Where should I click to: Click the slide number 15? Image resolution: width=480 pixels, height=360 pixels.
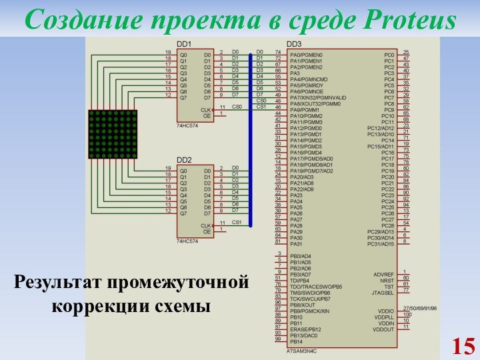click(463, 346)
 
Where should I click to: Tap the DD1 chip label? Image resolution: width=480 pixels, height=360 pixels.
click(184, 44)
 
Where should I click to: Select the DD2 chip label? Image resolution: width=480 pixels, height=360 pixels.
click(184, 161)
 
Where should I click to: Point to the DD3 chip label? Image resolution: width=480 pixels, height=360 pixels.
click(294, 44)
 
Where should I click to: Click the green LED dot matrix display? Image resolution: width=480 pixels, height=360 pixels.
click(112, 134)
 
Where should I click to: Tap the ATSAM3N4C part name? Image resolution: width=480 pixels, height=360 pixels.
click(302, 350)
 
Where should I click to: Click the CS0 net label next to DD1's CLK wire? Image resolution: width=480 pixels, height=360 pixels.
click(237, 107)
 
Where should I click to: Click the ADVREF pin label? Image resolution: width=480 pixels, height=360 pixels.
click(384, 274)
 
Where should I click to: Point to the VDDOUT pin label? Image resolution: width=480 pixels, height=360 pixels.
click(384, 329)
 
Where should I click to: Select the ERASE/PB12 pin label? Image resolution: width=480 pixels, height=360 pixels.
click(306, 329)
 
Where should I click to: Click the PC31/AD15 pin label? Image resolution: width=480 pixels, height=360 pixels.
click(381, 244)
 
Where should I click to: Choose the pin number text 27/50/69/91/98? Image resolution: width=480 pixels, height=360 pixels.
click(420, 309)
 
